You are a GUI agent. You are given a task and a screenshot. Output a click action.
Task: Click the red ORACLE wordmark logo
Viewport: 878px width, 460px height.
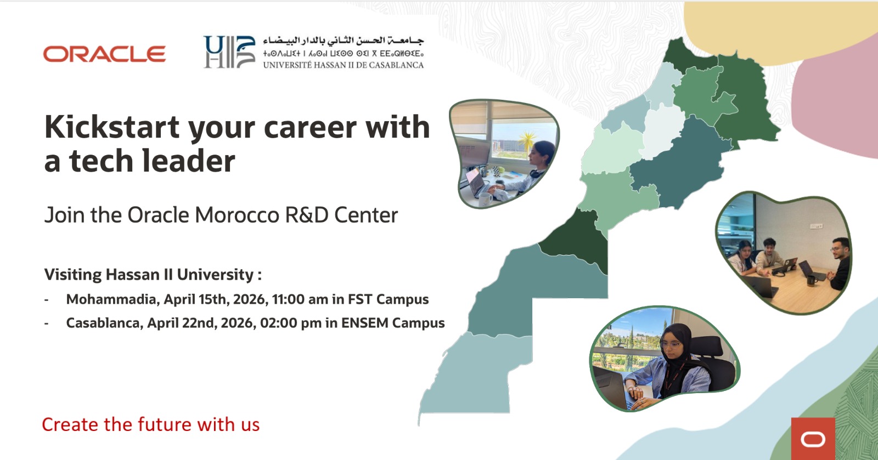click(x=104, y=54)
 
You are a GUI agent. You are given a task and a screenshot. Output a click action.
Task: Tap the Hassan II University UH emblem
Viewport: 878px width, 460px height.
click(x=229, y=52)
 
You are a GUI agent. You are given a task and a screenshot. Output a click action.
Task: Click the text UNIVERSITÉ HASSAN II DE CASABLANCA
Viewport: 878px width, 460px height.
click(x=343, y=65)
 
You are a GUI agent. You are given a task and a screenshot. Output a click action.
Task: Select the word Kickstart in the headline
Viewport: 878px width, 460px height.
click(x=112, y=127)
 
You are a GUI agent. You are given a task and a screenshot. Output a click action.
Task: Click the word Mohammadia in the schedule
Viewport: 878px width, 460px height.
click(x=112, y=299)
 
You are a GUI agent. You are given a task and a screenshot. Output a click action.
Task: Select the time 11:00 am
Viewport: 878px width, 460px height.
click(x=300, y=299)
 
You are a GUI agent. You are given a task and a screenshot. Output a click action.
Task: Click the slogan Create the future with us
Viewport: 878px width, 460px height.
click(x=150, y=425)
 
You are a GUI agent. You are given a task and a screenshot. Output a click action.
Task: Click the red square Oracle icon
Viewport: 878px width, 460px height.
click(x=813, y=439)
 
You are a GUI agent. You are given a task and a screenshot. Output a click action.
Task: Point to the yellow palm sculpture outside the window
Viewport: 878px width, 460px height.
click(x=527, y=140)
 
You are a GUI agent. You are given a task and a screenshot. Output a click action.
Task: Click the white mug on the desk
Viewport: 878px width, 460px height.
click(x=485, y=199)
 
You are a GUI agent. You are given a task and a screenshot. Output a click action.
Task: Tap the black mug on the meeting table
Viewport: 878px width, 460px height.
click(x=810, y=280)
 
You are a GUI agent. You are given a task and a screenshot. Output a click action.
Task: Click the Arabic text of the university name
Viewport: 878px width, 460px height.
click(x=344, y=41)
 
